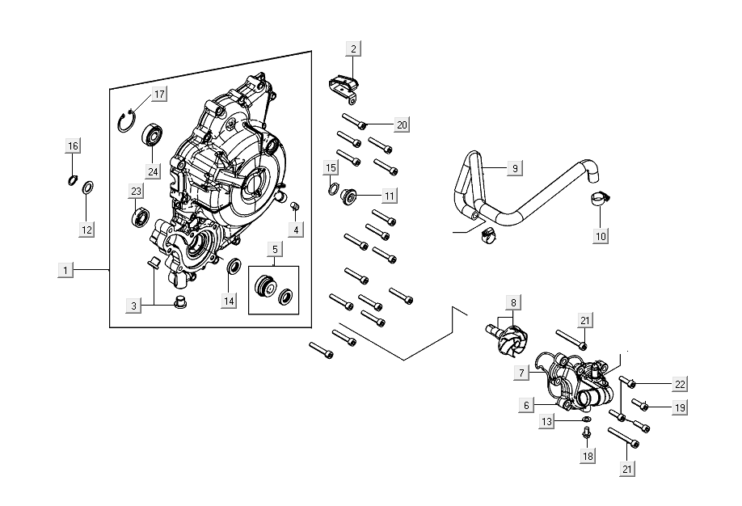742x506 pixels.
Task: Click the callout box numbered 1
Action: (66, 268)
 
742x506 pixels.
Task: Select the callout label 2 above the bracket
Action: (352, 48)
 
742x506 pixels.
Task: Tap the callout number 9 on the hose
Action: (514, 168)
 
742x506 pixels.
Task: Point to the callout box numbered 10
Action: (600, 236)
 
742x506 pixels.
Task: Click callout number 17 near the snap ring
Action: (158, 95)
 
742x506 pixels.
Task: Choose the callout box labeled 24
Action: (151, 171)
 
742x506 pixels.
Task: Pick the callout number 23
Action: (136, 191)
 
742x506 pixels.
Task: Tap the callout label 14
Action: (230, 301)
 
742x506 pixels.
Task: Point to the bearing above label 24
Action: (152, 134)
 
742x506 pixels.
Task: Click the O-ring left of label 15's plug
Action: (332, 191)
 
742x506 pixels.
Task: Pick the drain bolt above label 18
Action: (586, 435)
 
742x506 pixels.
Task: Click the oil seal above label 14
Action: (233, 268)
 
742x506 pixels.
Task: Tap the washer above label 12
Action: (88, 189)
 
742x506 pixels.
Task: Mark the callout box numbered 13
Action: (547, 422)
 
